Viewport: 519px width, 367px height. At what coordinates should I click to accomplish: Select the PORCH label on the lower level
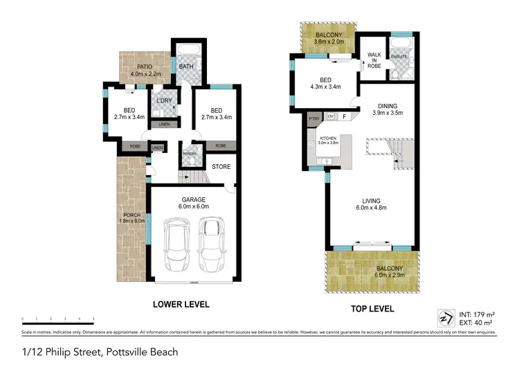point(131,215)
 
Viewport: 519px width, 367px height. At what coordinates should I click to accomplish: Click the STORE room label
point(221,166)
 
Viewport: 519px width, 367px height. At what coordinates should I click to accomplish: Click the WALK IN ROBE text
point(374,60)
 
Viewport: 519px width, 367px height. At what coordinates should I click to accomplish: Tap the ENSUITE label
point(399,57)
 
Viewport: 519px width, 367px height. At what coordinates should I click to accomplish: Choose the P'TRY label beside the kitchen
point(314,117)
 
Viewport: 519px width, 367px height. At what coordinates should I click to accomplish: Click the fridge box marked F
point(345,116)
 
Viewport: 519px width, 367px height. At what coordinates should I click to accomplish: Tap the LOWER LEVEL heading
point(181,304)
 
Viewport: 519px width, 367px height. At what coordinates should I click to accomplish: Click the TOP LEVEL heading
point(372,308)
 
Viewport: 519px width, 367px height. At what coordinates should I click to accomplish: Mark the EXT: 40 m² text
point(476,323)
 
